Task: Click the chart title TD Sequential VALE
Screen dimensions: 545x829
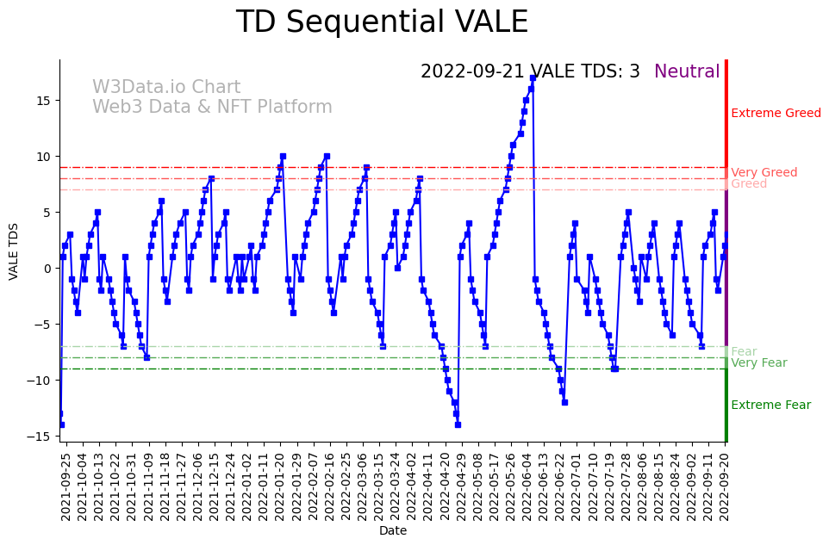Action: point(382,22)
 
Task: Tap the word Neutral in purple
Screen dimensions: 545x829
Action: point(687,71)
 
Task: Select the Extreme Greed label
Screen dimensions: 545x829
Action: point(776,113)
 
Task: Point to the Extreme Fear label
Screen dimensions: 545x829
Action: point(770,405)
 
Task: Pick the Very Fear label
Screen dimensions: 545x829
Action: point(758,362)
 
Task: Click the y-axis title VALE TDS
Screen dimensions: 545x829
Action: point(13,251)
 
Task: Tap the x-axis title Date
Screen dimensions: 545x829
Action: point(393,531)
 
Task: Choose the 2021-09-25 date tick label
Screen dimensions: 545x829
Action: point(65,486)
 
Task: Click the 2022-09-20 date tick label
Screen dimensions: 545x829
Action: point(725,486)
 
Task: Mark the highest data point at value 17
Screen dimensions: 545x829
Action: point(533,77)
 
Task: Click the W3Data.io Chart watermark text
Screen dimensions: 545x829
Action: point(166,87)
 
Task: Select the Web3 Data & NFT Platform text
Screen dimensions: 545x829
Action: point(212,107)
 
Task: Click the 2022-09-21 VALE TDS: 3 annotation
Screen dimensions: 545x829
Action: point(530,71)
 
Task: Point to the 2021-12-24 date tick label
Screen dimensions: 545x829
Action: point(230,486)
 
